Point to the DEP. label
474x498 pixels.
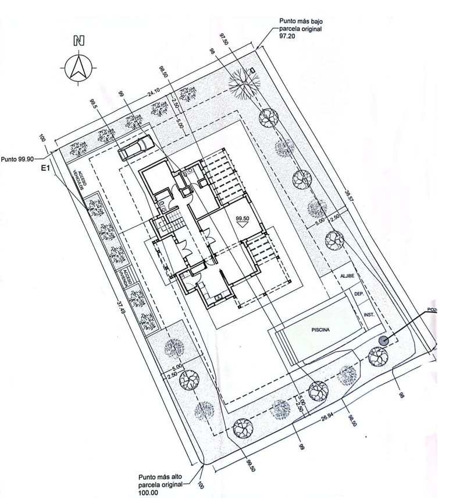359,295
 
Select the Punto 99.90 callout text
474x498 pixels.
17,158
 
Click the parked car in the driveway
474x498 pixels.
134,147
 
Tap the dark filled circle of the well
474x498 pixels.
383,341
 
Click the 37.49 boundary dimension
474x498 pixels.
120,308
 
